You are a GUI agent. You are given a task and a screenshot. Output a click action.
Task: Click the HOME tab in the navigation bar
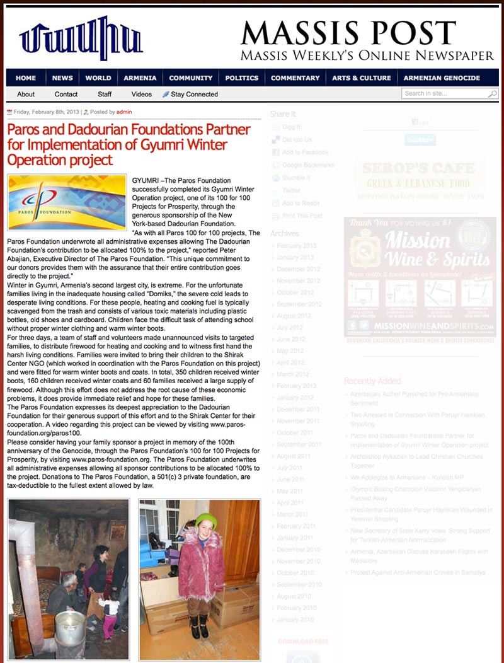click(x=26, y=78)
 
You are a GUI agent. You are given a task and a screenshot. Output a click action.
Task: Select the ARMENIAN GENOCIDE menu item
click(x=442, y=78)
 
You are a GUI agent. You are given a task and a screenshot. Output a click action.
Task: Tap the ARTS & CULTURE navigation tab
click(x=362, y=78)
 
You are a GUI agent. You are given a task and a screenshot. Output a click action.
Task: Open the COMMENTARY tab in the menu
click(x=295, y=78)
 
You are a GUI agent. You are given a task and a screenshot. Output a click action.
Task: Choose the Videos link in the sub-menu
click(x=142, y=95)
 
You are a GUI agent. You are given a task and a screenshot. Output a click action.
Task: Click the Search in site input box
click(x=445, y=94)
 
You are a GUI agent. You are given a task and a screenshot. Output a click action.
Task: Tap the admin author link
click(x=124, y=112)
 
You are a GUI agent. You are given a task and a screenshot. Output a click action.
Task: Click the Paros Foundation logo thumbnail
click(x=67, y=202)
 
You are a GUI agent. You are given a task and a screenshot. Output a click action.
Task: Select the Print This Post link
click(x=302, y=216)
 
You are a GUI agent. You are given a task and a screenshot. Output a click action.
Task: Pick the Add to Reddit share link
click(x=301, y=203)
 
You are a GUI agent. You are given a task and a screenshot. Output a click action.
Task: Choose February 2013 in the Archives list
click(x=296, y=246)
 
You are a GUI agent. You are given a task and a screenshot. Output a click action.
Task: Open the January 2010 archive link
click(x=295, y=620)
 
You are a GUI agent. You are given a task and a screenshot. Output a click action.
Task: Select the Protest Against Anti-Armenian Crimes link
click(x=418, y=572)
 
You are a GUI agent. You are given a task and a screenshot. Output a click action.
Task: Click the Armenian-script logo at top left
click(x=81, y=39)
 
